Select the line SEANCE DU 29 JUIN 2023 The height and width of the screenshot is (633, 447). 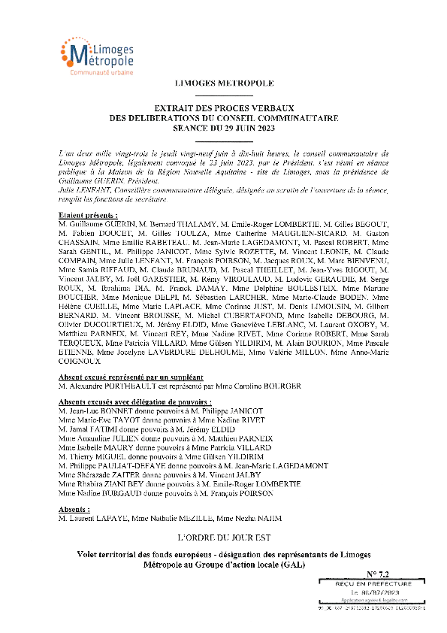[x=224, y=127]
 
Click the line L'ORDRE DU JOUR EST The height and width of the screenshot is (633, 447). [x=224, y=538]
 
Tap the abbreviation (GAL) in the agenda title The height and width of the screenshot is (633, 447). [x=294, y=565]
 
